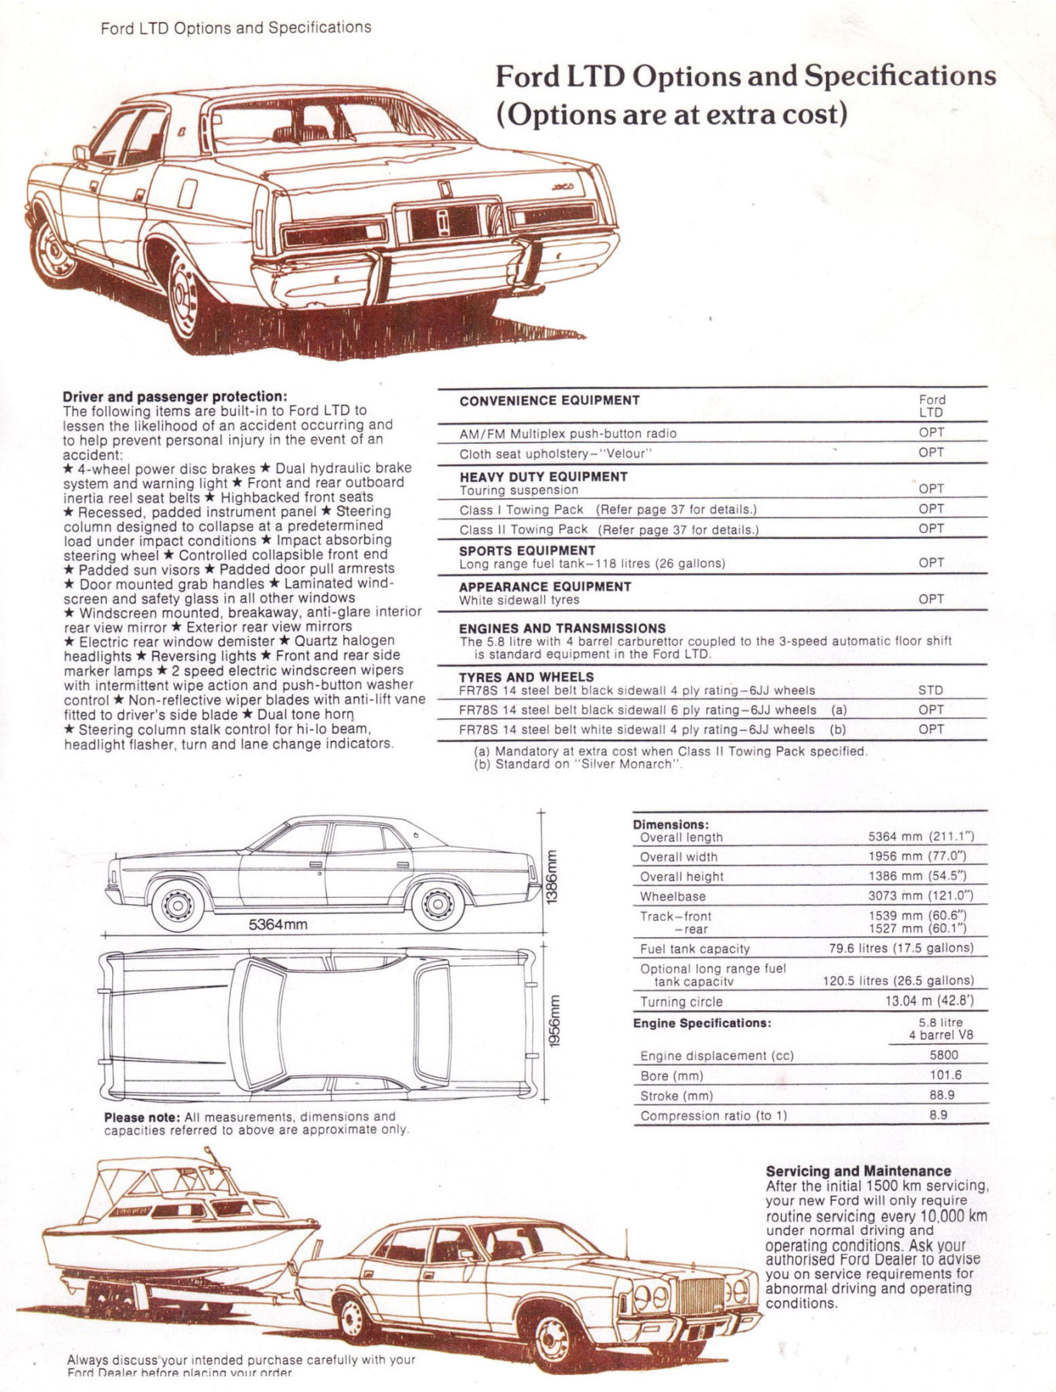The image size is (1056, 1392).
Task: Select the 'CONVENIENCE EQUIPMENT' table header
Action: click(x=549, y=401)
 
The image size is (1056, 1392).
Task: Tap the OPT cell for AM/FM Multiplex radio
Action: click(x=931, y=433)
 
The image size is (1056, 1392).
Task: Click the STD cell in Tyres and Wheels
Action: click(x=931, y=691)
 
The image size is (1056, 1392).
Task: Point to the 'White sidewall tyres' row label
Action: click(x=519, y=600)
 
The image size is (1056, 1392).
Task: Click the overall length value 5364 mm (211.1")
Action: click(x=920, y=837)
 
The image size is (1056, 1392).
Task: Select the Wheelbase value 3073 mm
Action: click(x=920, y=896)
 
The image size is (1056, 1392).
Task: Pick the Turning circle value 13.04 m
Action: click(x=928, y=1001)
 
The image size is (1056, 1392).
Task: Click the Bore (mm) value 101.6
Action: click(x=938, y=1075)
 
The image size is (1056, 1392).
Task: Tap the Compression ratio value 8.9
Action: click(x=938, y=1115)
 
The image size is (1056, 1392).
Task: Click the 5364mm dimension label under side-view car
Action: click(x=278, y=924)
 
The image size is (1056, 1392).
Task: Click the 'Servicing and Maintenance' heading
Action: click(x=858, y=1171)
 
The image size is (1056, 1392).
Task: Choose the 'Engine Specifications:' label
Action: click(x=701, y=1023)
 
